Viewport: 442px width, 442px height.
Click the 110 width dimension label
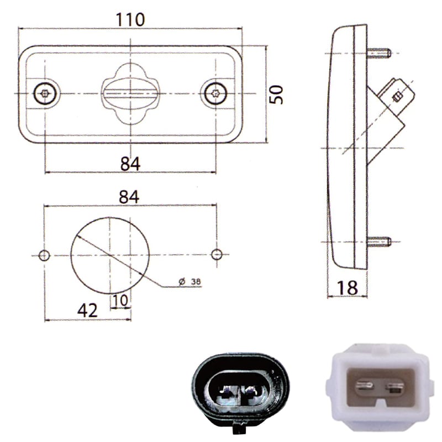tap(130, 20)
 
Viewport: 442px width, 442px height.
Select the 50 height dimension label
tap(276, 94)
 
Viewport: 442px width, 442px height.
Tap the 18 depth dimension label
tap(348, 288)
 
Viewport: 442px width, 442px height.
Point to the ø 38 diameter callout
tap(190, 281)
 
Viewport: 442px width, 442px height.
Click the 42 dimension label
tap(87, 311)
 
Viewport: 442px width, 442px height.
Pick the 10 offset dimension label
tap(120, 301)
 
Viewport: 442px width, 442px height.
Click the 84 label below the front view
tap(130, 164)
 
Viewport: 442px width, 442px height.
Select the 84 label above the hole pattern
tap(129, 197)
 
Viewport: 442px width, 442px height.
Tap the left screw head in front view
tap(45, 93)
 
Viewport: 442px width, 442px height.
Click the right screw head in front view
tap(215, 93)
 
